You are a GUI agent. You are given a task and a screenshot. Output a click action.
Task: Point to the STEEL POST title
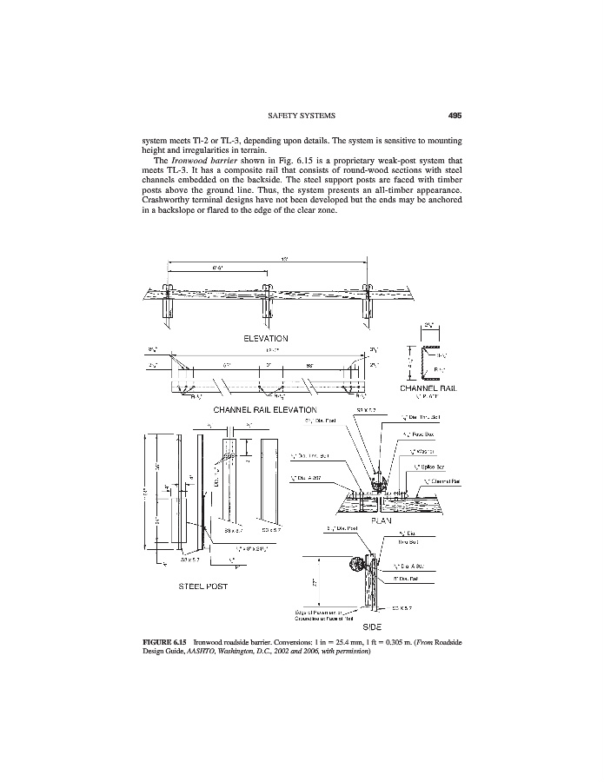click(201, 585)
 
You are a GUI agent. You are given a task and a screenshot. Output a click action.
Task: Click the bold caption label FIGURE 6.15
click(166, 643)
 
